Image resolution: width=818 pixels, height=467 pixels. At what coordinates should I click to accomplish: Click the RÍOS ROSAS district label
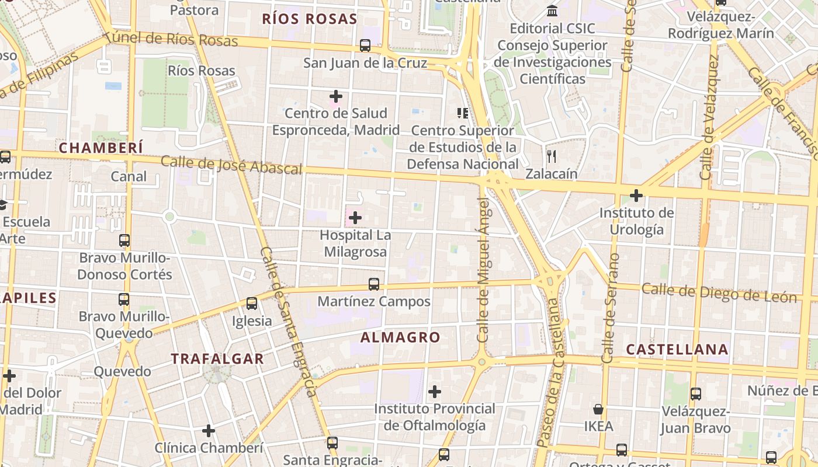tap(309, 19)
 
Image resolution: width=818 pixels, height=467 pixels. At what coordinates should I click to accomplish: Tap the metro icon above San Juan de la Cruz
tap(365, 45)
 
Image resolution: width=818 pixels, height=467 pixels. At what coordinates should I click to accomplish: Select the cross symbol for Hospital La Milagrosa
tap(355, 218)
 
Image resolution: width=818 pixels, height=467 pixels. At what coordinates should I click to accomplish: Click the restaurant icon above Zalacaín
tap(551, 156)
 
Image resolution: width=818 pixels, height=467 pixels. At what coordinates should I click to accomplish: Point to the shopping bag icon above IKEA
tap(598, 409)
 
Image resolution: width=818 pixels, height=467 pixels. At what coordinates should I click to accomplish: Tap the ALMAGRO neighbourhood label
tap(400, 337)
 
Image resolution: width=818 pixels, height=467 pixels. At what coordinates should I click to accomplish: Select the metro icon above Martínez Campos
tap(374, 284)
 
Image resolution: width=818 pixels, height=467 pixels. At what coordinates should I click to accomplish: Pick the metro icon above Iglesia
tap(252, 304)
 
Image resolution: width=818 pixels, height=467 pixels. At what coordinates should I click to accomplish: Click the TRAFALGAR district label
tap(217, 358)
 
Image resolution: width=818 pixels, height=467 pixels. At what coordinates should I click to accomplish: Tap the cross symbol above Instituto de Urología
tap(636, 195)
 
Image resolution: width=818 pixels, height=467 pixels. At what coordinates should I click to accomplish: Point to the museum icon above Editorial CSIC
tap(552, 11)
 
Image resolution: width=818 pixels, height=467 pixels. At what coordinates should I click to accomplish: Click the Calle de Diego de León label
tap(719, 292)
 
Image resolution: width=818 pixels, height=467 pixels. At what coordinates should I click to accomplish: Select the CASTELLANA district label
tap(677, 349)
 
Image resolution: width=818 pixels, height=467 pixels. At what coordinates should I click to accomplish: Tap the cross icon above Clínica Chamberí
tap(209, 431)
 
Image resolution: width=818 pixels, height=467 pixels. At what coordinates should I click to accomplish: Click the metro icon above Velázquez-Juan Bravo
tap(695, 394)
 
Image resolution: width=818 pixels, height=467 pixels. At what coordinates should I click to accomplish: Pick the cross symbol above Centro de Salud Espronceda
tap(336, 96)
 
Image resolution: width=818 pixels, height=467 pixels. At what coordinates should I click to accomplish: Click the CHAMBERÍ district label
tap(100, 148)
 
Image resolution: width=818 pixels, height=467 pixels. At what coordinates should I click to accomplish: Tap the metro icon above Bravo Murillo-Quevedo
tap(124, 299)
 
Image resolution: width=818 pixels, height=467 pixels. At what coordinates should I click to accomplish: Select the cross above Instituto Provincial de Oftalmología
tap(434, 391)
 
